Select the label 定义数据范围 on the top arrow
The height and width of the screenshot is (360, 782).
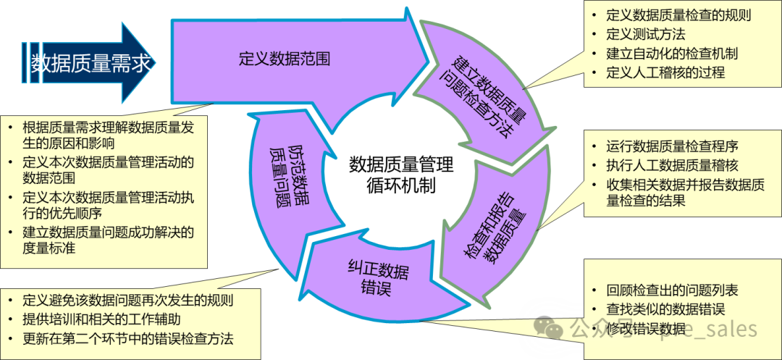coord(285,59)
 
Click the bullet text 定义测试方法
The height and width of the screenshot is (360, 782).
coord(645,34)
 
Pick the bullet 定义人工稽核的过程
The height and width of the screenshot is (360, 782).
coord(665,72)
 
